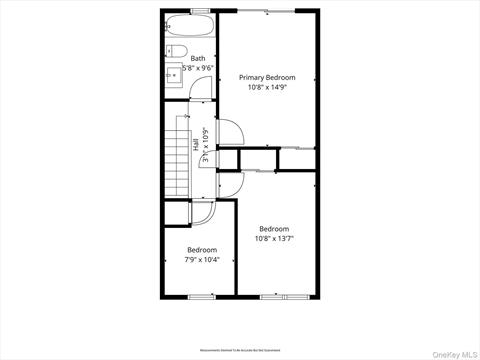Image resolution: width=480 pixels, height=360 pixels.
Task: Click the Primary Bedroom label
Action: coord(266,77)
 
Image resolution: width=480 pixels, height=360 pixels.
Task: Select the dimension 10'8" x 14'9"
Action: coord(266,87)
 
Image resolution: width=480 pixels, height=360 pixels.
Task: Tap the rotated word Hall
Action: coord(196,144)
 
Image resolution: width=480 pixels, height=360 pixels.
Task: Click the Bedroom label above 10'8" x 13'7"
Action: coord(273,228)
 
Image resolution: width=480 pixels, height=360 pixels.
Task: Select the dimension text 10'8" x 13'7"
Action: coord(273,238)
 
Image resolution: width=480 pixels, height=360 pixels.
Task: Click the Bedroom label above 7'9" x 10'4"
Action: coord(201,250)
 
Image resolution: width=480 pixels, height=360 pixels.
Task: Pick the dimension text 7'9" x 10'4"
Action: coord(201,260)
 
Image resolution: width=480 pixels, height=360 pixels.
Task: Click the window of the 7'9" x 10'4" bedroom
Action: coord(201,296)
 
